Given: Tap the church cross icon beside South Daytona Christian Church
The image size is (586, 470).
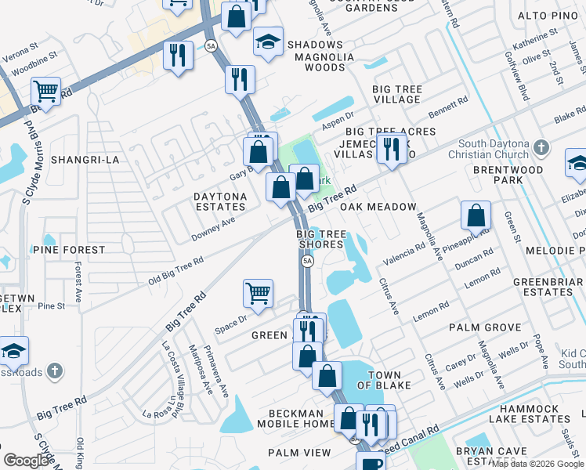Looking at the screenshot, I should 541,147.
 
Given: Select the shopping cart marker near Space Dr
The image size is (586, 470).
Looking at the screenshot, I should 258,294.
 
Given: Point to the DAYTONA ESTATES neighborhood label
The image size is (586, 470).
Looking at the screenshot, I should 220,201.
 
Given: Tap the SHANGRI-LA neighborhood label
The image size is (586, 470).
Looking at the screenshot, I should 85,160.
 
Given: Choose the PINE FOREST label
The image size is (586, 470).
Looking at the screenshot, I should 69,250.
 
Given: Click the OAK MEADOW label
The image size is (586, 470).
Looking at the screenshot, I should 378,207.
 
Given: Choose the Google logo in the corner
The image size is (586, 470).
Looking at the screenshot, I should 27,461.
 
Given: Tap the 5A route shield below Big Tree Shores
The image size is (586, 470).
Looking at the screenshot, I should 307,261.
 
